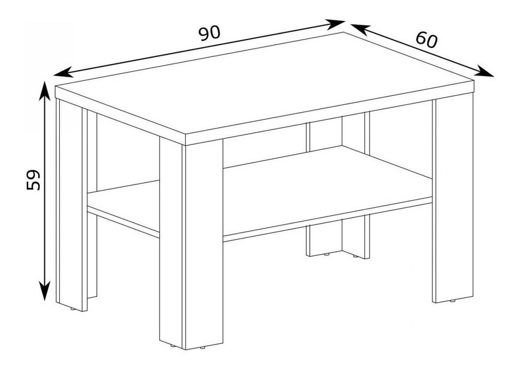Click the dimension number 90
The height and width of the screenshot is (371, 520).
[209, 33]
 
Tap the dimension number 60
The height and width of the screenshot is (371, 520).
[427, 40]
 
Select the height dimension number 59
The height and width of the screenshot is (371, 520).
[33, 180]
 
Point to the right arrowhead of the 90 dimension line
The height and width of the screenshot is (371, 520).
[335, 24]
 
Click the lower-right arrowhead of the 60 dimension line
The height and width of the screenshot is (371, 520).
[484, 71]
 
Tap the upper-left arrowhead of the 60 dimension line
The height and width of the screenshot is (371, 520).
[360, 29]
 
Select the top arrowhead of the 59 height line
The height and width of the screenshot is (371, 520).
[44, 90]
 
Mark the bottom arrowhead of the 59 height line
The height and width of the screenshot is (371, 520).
[44, 291]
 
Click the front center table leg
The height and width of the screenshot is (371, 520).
[191, 244]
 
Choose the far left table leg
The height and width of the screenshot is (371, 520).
[71, 204]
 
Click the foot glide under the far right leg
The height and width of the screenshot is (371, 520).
[452, 301]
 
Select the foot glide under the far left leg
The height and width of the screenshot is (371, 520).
[72, 309]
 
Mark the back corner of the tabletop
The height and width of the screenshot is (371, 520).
[344, 32]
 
